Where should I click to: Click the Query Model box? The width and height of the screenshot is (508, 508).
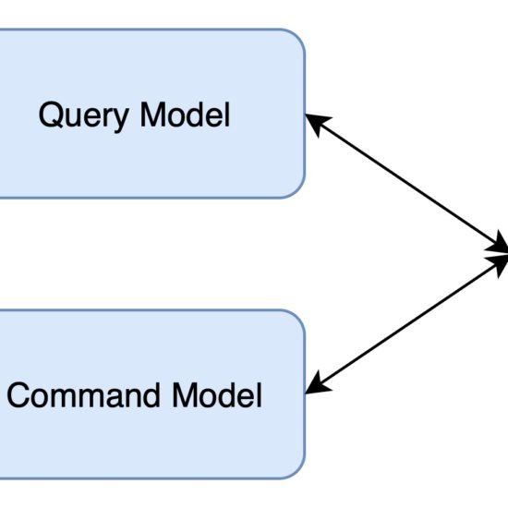pos(152,114)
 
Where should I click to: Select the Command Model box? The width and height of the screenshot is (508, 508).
pos(152,394)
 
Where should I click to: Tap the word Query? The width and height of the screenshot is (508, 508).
pos(84,117)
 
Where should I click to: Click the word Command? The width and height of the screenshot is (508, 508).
pos(83,394)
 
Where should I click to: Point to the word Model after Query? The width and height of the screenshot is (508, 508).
pos(185,115)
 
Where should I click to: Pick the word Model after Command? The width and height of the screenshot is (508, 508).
pos(217,394)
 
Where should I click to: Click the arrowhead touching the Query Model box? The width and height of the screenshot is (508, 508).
pos(317,123)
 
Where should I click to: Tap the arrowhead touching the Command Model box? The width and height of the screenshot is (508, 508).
pos(317,384)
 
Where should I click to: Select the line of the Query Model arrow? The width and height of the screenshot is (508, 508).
pos(406,182)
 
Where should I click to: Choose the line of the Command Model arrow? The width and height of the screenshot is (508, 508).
pos(406,324)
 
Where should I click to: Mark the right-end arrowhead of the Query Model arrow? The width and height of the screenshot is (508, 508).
pos(497,244)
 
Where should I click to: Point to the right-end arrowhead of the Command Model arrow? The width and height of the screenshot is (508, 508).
pos(497,264)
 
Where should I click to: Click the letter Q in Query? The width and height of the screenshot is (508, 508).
pos(51,115)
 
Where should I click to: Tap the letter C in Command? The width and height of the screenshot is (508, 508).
pos(18,395)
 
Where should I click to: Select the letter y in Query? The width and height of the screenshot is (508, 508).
pos(120,121)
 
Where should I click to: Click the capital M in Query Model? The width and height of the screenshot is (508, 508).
pos(153,115)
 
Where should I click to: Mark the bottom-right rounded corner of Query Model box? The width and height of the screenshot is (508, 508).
pos(296,189)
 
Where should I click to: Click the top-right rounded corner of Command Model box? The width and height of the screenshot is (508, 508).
pos(296,319)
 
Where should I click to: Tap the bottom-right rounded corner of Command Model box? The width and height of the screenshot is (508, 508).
pos(296,470)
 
